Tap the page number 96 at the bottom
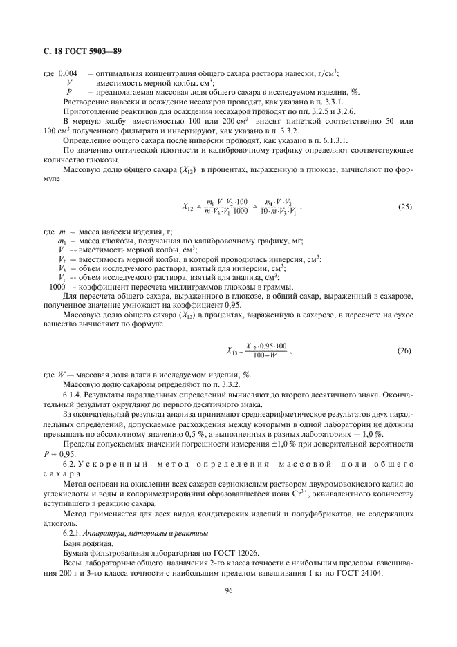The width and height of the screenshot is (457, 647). pyautogui.click(x=228, y=590)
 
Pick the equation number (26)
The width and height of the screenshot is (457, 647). pyautogui.click(x=405, y=350)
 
